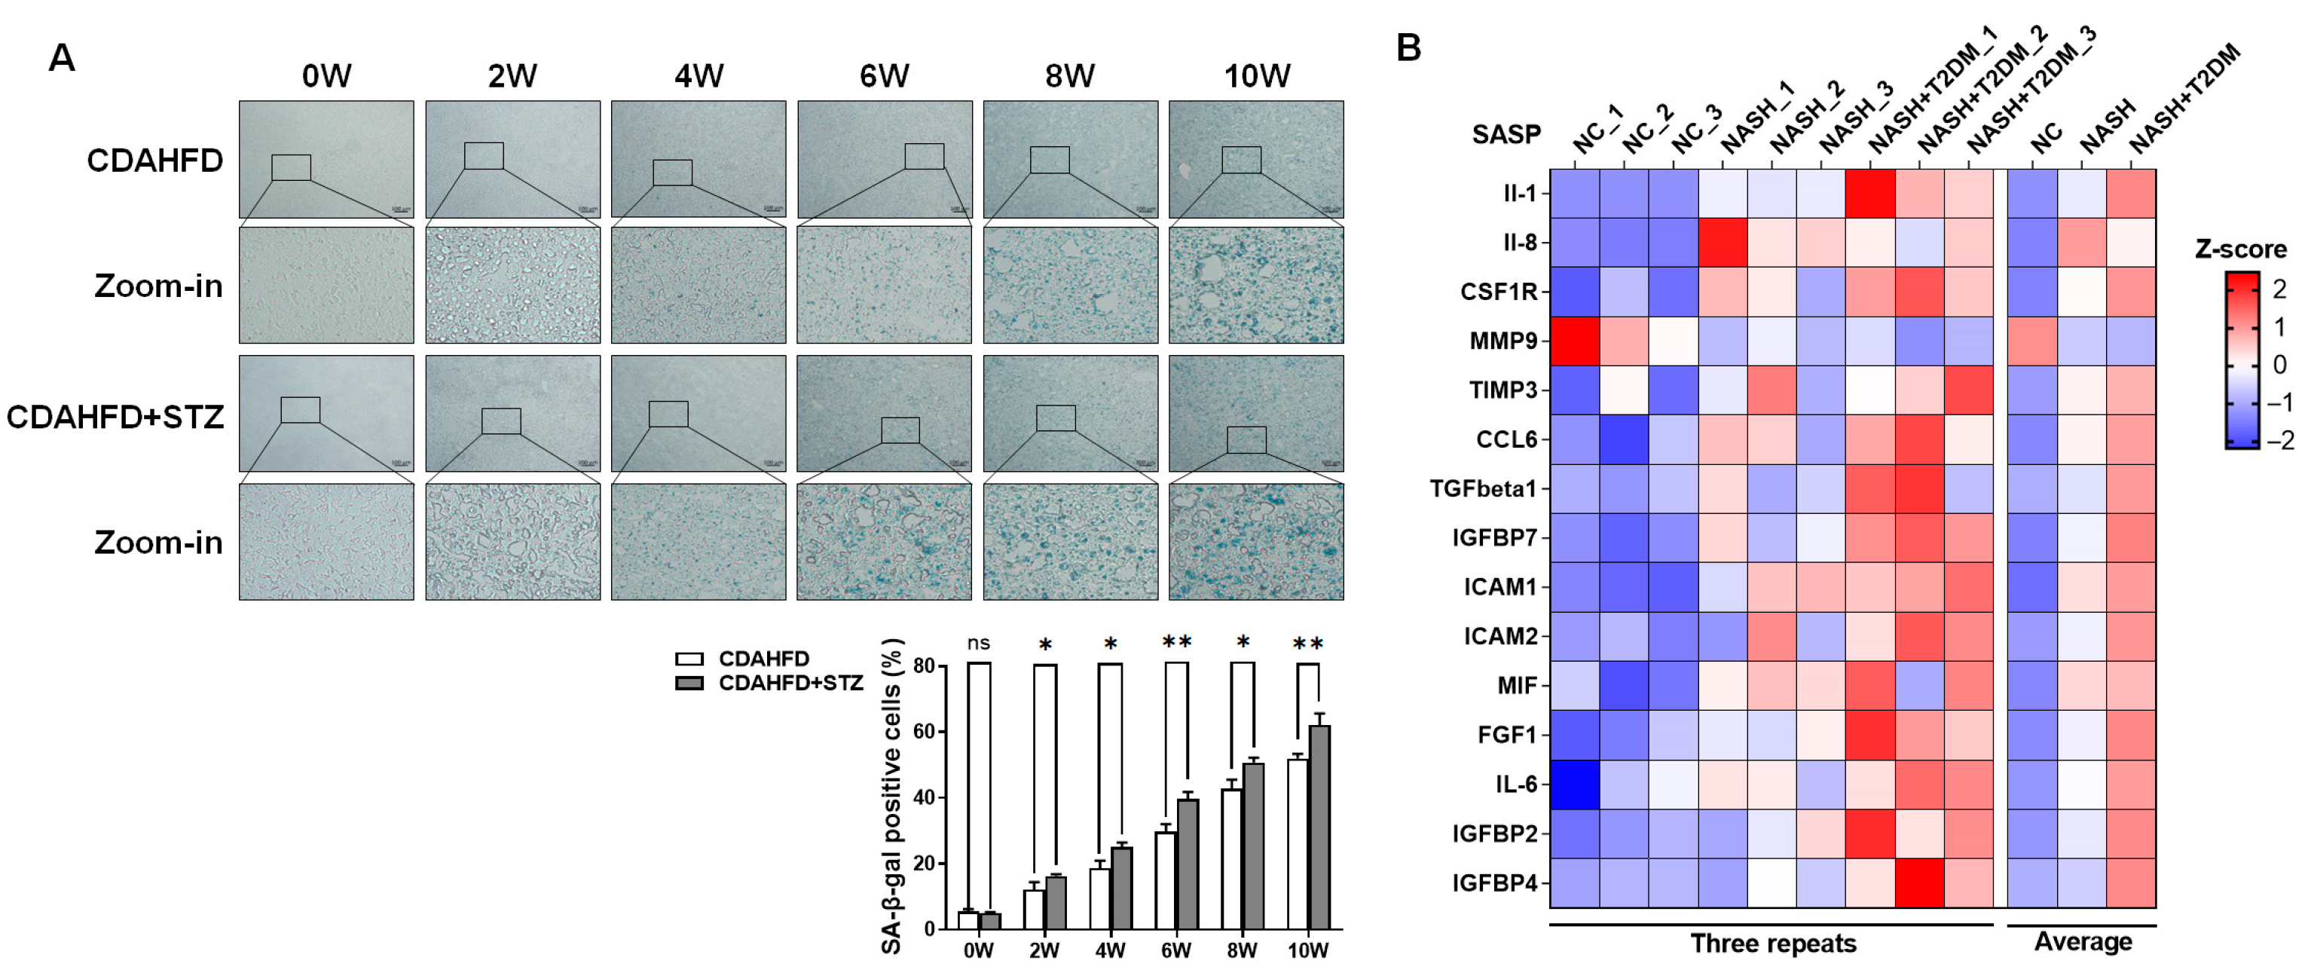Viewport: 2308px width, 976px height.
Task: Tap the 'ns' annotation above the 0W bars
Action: pos(978,643)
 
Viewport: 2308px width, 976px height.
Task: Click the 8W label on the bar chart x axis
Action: pos(1242,951)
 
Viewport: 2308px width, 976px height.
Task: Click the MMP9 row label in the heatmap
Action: pos(1502,341)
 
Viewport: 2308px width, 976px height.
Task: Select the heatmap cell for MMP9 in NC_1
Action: pos(1574,341)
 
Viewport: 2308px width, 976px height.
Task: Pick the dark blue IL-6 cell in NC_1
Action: pos(1574,785)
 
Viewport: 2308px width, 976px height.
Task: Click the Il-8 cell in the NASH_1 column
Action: pos(1722,243)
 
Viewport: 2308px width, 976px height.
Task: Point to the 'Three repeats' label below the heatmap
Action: pos(1772,944)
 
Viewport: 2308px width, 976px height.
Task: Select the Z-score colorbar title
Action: pos(2240,249)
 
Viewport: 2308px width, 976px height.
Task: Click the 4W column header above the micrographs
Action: pos(698,76)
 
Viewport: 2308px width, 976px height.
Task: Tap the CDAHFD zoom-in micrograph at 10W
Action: pos(1255,285)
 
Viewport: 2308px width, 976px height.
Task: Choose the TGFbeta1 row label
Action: pos(1483,489)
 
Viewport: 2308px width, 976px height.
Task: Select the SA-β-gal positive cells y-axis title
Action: pos(891,796)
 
